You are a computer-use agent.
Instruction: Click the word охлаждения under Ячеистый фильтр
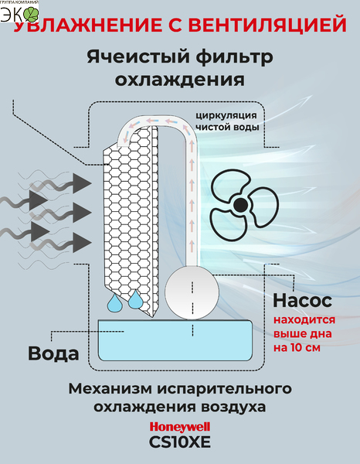(180, 80)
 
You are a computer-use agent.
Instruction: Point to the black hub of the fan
(240, 204)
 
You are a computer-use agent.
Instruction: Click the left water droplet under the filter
(114, 303)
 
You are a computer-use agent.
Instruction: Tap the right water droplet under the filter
(135, 299)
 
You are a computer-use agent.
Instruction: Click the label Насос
(302, 300)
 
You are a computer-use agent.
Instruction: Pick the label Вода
(53, 353)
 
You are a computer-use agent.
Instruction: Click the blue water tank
(175, 340)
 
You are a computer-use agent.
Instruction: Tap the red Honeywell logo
(180, 427)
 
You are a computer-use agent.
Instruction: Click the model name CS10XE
(180, 442)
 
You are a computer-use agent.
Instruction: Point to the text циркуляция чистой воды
(227, 121)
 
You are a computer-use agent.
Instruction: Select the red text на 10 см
(297, 347)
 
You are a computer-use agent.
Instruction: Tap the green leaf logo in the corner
(31, 14)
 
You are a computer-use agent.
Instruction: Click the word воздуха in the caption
(233, 407)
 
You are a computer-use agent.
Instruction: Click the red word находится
(304, 320)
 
